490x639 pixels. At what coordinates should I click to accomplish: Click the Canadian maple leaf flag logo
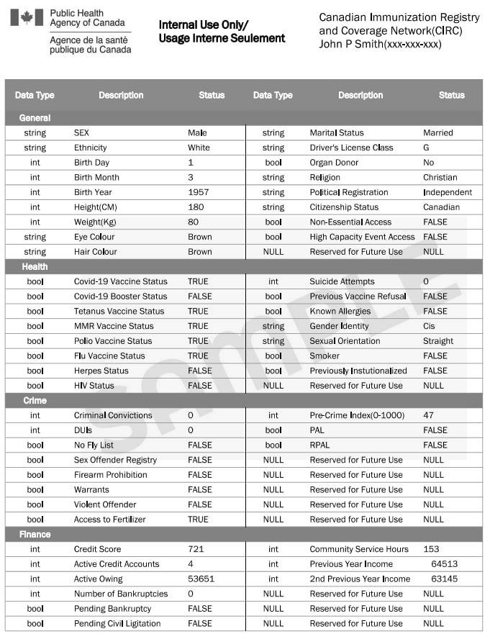point(27,17)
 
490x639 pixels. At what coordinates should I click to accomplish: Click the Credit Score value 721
point(196,549)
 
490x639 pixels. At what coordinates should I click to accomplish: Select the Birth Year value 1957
point(198,192)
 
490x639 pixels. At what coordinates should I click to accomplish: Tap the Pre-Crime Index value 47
point(429,415)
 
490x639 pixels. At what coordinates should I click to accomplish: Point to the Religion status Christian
point(440,177)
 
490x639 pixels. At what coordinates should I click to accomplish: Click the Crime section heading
point(35,400)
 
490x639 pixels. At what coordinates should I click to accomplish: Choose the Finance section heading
point(35,534)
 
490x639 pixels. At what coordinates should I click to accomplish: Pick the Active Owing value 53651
point(201,579)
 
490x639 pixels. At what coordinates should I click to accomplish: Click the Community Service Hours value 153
point(431,549)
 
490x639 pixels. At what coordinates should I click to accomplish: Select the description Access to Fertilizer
point(110,519)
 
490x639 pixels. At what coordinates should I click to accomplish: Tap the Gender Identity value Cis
point(430,326)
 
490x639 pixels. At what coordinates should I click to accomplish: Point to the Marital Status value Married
point(438,132)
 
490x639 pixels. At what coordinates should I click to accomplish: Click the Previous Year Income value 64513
point(444,564)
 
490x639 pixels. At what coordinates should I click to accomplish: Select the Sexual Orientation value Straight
point(438,341)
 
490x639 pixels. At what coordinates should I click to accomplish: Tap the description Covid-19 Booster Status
point(120,296)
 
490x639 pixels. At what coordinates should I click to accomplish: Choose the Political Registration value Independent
point(448,192)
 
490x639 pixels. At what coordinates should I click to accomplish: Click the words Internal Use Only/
point(204,24)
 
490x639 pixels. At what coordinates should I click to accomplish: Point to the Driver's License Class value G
point(426,148)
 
